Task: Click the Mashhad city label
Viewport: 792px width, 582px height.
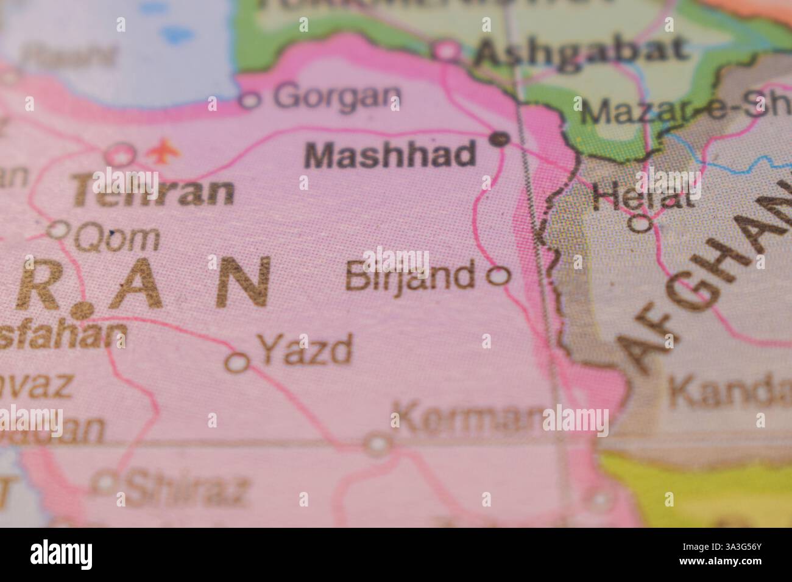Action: [x=390, y=155]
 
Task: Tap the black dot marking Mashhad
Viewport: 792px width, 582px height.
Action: [x=500, y=139]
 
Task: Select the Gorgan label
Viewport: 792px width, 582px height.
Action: [x=337, y=96]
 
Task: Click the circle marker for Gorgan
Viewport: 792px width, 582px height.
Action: [x=250, y=100]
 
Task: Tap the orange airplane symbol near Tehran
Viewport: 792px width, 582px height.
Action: [x=161, y=150]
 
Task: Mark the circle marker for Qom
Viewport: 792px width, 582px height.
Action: [x=59, y=230]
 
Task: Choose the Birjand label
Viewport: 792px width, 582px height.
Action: [x=410, y=276]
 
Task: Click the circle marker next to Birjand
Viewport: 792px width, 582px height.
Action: [x=499, y=276]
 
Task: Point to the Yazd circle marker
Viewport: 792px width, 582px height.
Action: [x=237, y=362]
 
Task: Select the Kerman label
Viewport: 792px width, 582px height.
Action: [x=467, y=419]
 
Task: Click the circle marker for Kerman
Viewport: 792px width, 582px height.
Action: [x=378, y=443]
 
